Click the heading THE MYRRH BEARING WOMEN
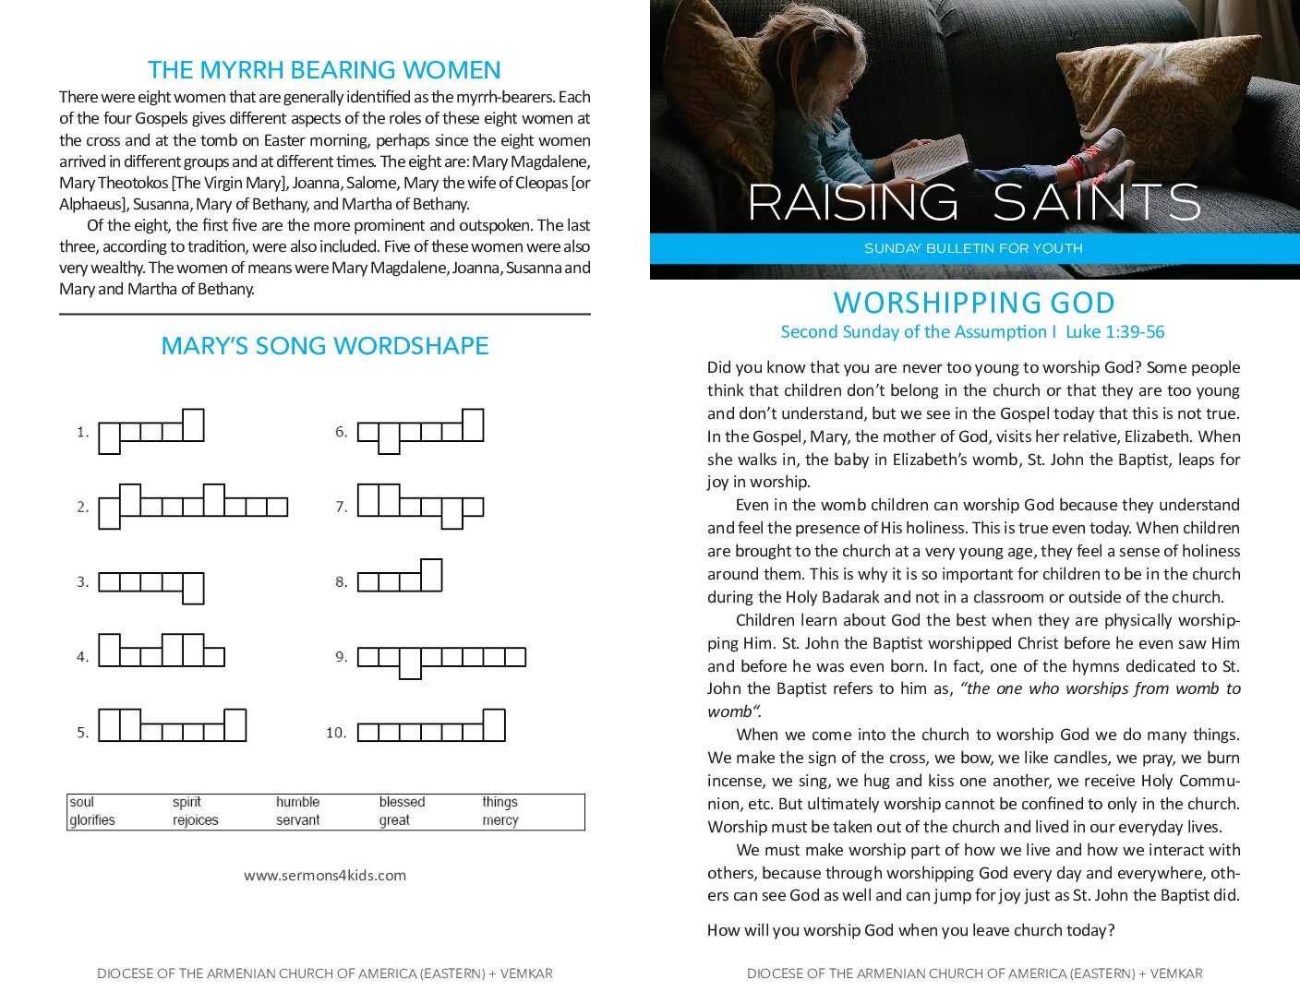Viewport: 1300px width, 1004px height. [324, 70]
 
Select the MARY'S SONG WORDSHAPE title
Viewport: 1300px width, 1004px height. [325, 346]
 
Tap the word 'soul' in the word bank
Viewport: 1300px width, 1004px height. [82, 802]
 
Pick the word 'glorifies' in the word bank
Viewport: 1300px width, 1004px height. [92, 820]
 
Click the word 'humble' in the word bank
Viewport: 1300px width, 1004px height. [297, 802]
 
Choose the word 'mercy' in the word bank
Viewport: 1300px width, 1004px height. [500, 820]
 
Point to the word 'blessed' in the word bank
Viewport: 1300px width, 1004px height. [402, 802]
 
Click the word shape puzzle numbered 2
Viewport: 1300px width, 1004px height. [193, 506]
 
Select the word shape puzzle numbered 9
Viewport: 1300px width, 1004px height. [441, 658]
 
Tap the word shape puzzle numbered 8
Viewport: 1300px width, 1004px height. [400, 578]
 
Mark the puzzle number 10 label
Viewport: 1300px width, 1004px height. [336, 733]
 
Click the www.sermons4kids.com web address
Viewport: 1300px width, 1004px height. [325, 875]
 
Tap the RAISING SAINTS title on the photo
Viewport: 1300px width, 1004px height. [974, 202]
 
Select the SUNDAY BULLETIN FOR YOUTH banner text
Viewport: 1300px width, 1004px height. [973, 248]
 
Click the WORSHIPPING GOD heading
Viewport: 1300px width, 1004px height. [974, 303]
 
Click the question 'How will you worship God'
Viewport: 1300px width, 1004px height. [910, 930]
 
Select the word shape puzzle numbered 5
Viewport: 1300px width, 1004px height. [173, 726]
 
